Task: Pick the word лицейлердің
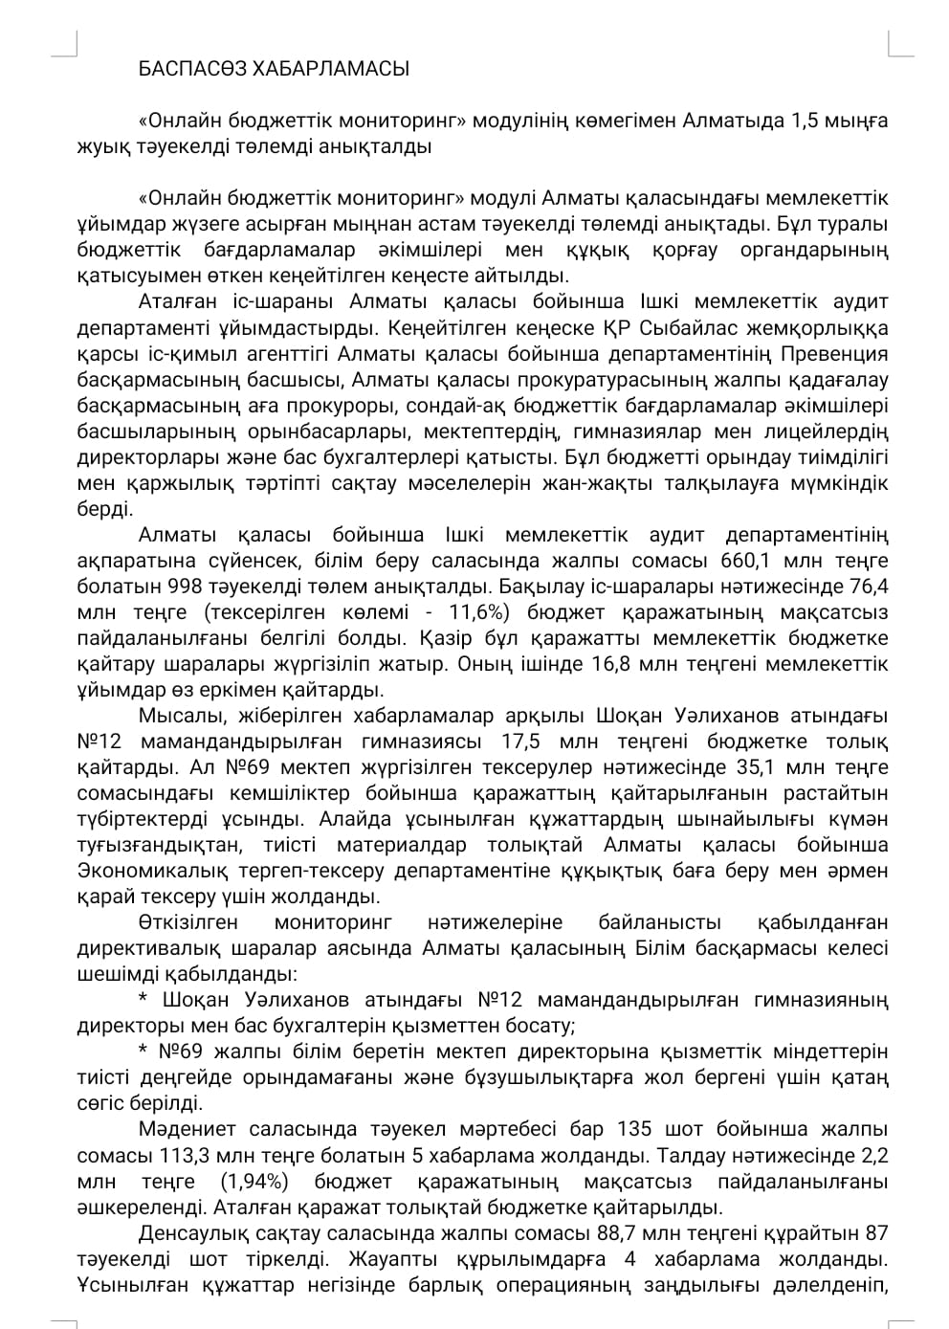coord(833,431)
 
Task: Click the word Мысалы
coord(173,716)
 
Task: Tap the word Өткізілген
coord(184,922)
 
